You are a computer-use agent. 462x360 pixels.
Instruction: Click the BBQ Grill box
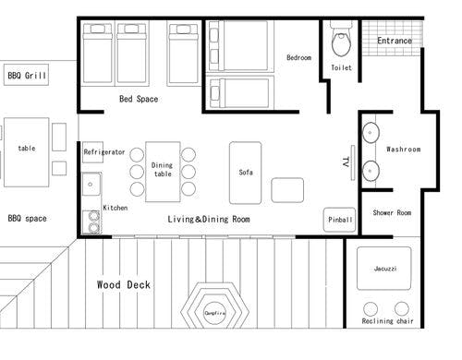pos(26,75)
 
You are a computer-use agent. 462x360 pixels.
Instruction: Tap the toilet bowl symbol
pos(341,43)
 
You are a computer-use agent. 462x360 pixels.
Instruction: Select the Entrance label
pos(395,41)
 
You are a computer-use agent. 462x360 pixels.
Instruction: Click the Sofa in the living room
pos(246,173)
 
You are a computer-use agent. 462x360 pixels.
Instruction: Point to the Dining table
pos(163,172)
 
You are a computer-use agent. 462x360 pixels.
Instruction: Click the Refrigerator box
pos(92,152)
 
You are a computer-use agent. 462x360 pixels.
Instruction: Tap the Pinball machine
pos(340,220)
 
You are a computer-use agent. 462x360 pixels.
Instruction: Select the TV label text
pos(346,162)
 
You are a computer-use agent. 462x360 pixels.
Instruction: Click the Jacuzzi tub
pos(384,269)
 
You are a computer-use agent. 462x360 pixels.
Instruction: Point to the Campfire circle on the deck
pos(214,313)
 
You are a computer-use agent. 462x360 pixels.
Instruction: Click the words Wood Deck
pos(124,284)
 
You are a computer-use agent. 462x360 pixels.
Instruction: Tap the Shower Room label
pos(392,212)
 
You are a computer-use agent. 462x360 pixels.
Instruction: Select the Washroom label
pos(404,150)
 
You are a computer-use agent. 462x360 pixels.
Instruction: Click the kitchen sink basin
pos(91,184)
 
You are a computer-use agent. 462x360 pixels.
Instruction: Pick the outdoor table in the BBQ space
pos(27,152)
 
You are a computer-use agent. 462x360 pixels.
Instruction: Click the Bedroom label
pos(298,57)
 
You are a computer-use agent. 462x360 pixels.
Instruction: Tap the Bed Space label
pos(139,99)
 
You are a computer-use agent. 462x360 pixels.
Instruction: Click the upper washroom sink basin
pos(371,133)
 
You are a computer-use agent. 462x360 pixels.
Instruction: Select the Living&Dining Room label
pos(209,219)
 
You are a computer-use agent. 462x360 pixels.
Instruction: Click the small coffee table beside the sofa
pos(287,190)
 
